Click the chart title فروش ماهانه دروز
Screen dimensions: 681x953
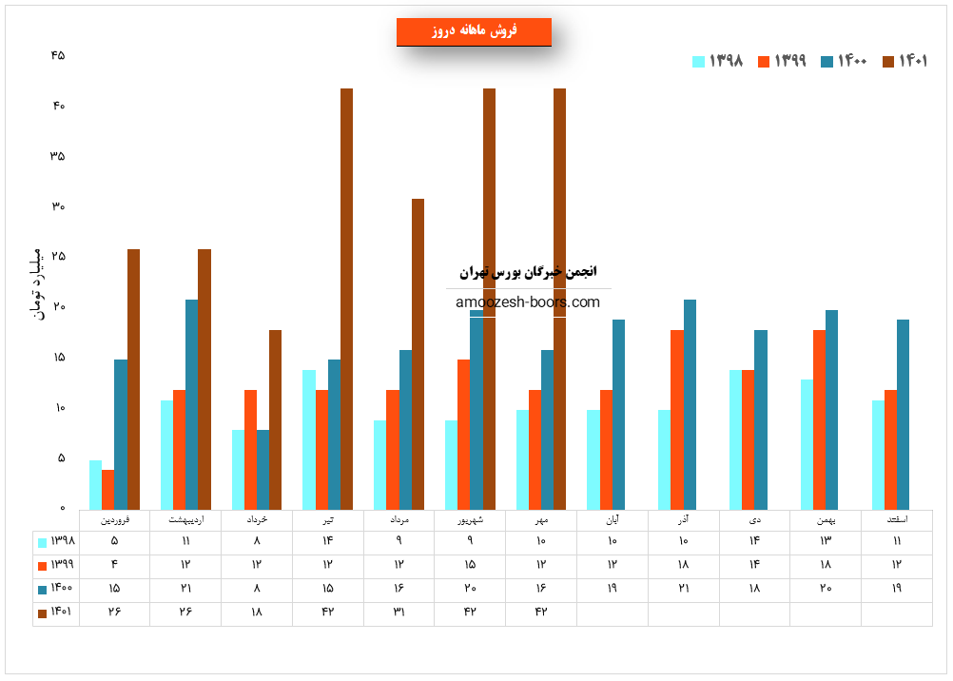click(474, 31)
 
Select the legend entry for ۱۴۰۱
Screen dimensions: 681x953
click(904, 61)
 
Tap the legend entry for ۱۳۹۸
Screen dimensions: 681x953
click(717, 61)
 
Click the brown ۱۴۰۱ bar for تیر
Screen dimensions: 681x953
click(346, 299)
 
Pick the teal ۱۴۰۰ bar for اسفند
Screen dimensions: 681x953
click(903, 414)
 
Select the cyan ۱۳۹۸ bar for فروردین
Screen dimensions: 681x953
click(96, 484)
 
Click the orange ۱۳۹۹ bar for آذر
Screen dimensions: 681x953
click(677, 418)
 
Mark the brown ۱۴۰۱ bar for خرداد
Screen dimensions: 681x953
click(275, 418)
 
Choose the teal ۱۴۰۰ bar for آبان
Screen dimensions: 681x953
click(618, 414)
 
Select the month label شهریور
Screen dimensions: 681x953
click(470, 520)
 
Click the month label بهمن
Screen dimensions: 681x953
click(826, 520)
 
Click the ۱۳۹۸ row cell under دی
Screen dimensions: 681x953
click(754, 541)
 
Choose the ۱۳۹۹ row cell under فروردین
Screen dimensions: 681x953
click(114, 565)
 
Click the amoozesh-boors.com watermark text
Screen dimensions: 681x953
click(528, 302)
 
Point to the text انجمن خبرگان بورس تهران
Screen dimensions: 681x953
click(528, 272)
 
